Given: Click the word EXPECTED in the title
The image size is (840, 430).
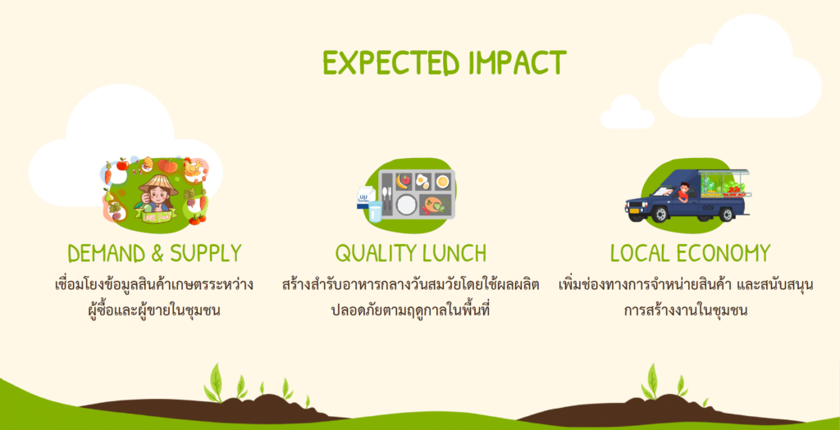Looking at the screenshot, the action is click(x=391, y=63).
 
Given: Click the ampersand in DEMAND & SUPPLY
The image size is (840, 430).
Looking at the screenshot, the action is click(x=157, y=254).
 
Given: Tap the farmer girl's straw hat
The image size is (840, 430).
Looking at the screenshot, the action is click(x=158, y=184).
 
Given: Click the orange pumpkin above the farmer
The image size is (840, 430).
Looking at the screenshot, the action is click(x=167, y=165).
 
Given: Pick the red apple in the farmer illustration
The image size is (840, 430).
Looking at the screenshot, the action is click(x=122, y=164).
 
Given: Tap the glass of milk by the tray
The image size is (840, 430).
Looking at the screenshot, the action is click(x=375, y=211).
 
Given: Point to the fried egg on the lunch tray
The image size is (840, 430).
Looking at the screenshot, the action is click(x=422, y=181).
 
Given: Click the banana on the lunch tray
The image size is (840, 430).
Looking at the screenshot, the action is click(x=400, y=181).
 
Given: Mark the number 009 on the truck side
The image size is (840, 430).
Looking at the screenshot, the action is click(x=707, y=206).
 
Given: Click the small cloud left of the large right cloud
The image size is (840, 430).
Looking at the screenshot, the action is click(x=627, y=113).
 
